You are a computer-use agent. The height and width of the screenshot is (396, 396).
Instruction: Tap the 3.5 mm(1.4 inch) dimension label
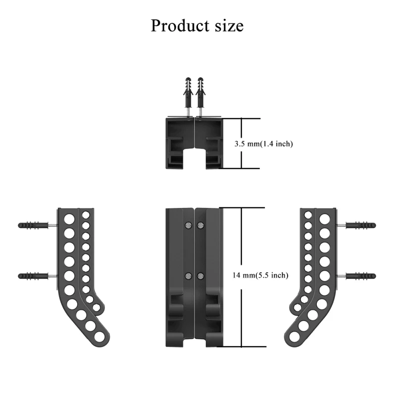[263, 144]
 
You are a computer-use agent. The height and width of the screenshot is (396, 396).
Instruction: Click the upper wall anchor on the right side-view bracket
[361, 225]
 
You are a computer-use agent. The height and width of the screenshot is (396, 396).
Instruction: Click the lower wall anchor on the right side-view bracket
[361, 276]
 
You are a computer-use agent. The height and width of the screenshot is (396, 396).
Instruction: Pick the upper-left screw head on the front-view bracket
[188, 225]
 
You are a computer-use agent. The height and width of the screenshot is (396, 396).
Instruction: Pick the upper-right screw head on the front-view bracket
[200, 225]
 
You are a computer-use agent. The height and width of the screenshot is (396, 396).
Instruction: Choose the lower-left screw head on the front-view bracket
[188, 276]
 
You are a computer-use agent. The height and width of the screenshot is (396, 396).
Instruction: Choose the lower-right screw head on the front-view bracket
[200, 276]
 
